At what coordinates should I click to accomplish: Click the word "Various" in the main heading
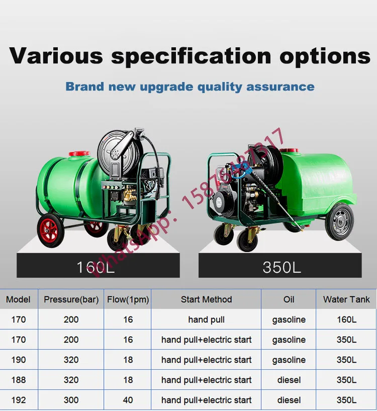tap(56, 56)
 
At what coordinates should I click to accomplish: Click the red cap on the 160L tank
tap(79, 153)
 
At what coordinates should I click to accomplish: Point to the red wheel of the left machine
tap(50, 230)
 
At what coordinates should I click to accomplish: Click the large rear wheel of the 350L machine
tap(339, 222)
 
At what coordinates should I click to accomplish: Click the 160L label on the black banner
tap(96, 267)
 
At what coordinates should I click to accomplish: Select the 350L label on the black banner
tap(282, 267)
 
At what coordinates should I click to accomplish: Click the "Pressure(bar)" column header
tap(71, 299)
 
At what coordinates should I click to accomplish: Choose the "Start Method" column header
tap(207, 299)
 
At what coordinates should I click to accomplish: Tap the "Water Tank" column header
tap(346, 299)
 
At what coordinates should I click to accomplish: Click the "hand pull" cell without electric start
tap(207, 320)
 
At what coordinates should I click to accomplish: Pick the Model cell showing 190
tap(19, 360)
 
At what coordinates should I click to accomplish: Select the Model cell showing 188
tap(19, 380)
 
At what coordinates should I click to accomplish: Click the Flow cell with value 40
tap(128, 400)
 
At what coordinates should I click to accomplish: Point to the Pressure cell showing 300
tap(71, 400)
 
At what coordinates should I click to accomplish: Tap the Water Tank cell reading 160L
tap(346, 319)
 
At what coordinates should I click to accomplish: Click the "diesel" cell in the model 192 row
tap(289, 400)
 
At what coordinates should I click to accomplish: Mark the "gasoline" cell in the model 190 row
tap(289, 360)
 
